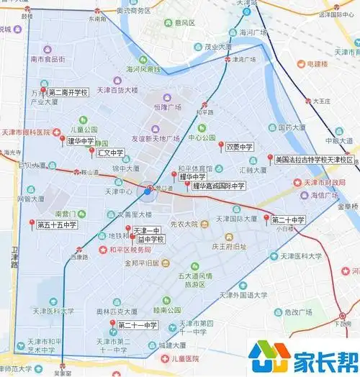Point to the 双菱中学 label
(239, 147)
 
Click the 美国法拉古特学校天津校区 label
(314, 160)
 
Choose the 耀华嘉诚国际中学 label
(219, 186)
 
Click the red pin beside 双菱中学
(221, 145)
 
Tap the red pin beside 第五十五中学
(32, 222)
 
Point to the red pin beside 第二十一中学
(112, 324)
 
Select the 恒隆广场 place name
(167, 108)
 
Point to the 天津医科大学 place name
(55, 312)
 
